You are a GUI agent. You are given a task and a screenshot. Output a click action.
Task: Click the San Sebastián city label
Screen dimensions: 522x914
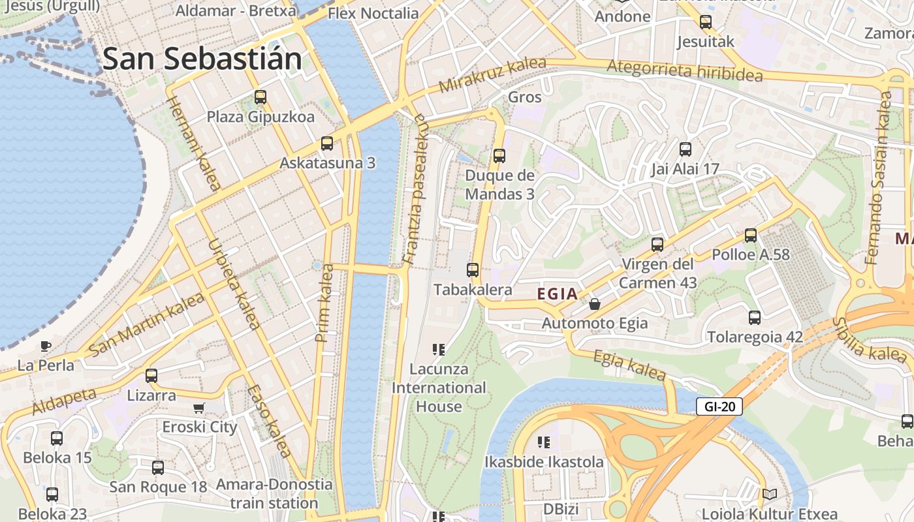(202, 59)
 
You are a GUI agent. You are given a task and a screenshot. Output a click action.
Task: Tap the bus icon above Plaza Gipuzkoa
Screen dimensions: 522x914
(260, 97)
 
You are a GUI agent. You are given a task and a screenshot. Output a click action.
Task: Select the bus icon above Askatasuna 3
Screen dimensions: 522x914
(327, 144)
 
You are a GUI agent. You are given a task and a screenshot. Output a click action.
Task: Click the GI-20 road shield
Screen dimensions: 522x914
(719, 407)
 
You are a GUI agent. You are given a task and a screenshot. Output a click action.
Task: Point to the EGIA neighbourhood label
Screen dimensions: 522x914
(558, 294)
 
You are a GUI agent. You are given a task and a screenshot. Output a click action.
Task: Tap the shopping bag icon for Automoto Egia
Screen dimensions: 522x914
(595, 304)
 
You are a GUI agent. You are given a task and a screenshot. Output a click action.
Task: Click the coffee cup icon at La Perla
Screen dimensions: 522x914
(45, 346)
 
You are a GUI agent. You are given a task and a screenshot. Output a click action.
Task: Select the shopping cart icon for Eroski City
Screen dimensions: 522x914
(199, 408)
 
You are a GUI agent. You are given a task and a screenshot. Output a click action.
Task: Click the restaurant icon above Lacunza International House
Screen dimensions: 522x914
(439, 350)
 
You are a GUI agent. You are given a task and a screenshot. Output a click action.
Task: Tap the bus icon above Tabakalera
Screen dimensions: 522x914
(473, 269)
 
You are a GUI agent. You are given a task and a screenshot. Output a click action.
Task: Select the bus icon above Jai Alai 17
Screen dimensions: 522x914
(685, 149)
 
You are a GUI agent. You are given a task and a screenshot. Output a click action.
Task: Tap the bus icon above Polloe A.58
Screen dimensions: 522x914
(751, 236)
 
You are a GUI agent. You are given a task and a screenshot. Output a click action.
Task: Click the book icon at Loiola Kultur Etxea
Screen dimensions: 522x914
(770, 495)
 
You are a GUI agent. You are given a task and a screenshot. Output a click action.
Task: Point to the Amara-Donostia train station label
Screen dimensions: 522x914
(274, 494)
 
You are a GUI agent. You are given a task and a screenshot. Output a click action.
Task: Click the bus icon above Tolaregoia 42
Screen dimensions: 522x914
(755, 318)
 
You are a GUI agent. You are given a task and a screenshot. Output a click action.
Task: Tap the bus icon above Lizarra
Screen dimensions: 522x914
(151, 376)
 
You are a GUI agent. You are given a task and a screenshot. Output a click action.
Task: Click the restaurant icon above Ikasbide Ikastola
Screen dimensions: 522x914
(543, 442)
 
